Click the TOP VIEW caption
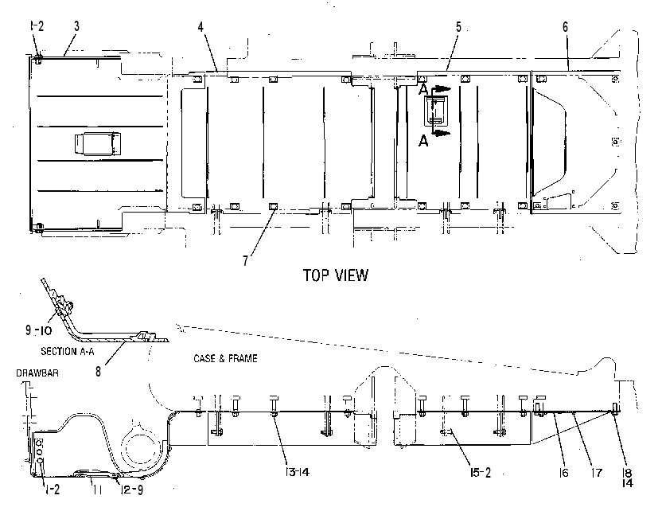point(336,275)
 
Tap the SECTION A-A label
point(68,351)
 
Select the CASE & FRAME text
point(225,359)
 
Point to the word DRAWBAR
point(37,373)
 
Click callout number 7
point(246,261)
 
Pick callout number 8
point(99,372)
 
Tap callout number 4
point(201,27)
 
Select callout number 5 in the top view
point(458,27)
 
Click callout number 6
point(565,27)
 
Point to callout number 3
point(76,26)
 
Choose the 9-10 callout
point(38,330)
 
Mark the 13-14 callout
point(298,472)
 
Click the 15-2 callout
point(481,473)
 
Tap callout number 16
point(564,473)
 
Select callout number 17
point(597,473)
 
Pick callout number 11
point(98,490)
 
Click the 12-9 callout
point(132,490)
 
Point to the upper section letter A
point(423,90)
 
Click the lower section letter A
point(423,141)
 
